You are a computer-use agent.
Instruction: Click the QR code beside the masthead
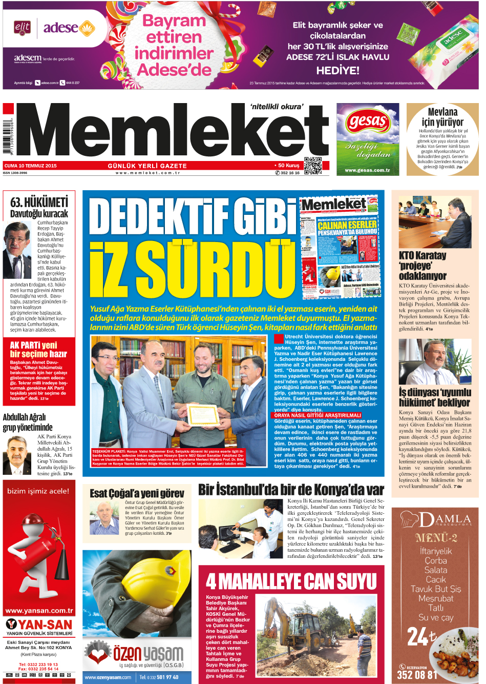(312, 166)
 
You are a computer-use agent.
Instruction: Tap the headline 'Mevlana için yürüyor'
(442, 117)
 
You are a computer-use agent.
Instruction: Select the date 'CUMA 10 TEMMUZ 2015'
(31, 166)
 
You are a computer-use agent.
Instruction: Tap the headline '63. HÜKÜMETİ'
(39, 202)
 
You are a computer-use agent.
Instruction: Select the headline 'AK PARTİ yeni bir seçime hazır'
(38, 350)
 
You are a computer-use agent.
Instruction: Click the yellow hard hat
(154, 579)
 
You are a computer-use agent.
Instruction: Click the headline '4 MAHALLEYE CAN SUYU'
(291, 582)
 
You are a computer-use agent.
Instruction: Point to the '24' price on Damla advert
(418, 637)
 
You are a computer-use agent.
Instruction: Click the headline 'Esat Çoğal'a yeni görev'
(137, 493)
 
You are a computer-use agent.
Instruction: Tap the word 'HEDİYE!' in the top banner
(337, 71)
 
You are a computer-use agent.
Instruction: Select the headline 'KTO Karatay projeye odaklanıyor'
(422, 266)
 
